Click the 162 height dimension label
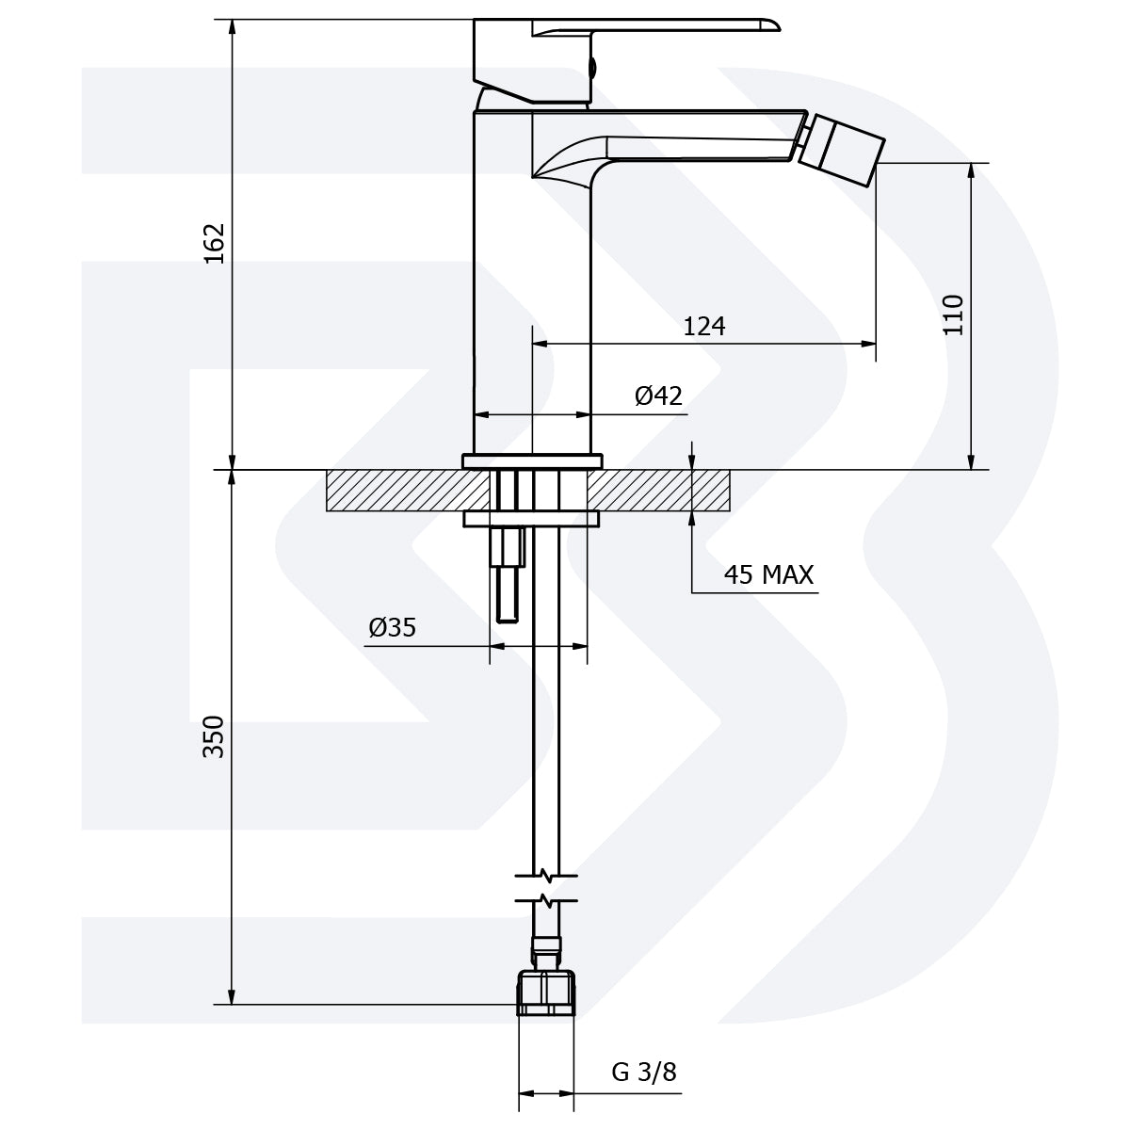(x=216, y=243)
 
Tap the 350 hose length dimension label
(x=216, y=736)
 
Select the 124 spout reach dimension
(x=704, y=326)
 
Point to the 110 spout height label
(x=953, y=315)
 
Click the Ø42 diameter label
(x=658, y=395)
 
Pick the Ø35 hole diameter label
(x=393, y=627)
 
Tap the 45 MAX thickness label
(x=768, y=574)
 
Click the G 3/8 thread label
(x=644, y=1072)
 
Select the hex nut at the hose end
(x=546, y=994)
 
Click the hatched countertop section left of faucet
(x=395, y=491)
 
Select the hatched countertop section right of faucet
(x=659, y=491)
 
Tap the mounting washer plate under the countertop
(x=531, y=518)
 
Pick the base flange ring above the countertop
(x=532, y=460)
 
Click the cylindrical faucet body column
(x=532, y=282)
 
